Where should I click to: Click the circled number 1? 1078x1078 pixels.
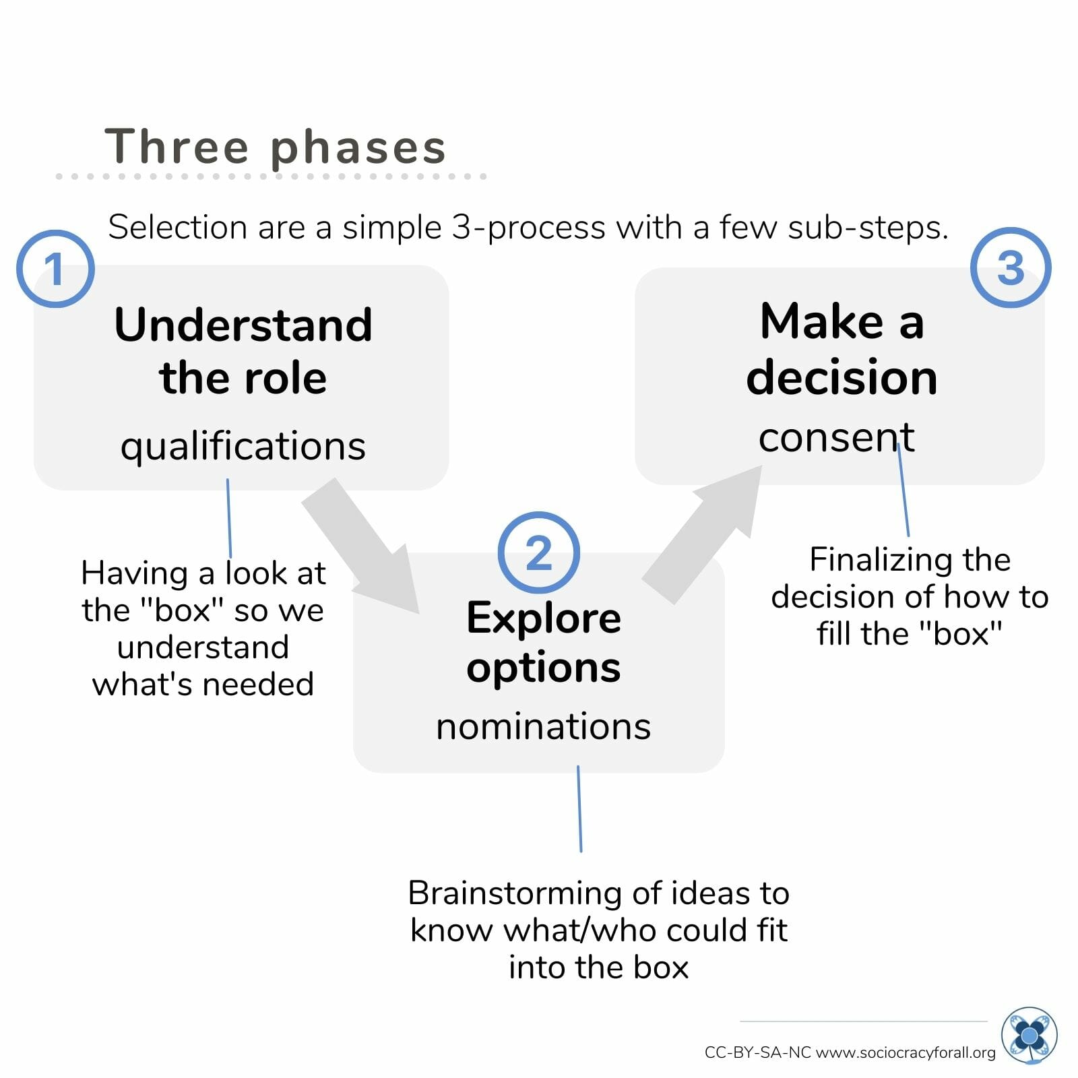tap(55, 269)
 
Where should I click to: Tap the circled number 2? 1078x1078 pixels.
tap(538, 552)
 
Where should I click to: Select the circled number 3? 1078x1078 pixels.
tap(1011, 267)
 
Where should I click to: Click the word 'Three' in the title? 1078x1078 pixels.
tap(177, 146)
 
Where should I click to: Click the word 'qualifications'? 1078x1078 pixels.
tap(243, 447)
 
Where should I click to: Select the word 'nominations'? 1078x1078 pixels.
tap(544, 726)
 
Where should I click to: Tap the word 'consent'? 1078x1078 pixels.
tap(836, 438)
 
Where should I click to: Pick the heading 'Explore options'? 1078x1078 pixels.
tap(544, 642)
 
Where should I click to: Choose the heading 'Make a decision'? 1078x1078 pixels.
tap(842, 348)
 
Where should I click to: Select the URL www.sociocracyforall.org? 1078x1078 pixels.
tap(906, 1052)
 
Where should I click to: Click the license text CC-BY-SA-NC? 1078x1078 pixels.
tap(757, 1052)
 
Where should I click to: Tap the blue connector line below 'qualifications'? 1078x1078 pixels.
tap(229, 518)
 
